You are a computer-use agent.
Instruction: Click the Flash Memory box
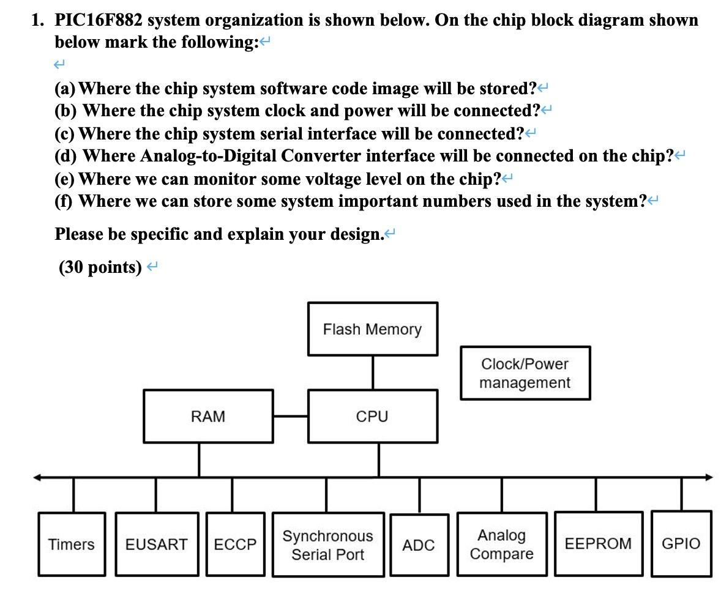372,329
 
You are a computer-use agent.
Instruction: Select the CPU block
372,417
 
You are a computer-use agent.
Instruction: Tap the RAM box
208,417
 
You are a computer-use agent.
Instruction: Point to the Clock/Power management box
525,373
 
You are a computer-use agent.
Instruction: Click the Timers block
72,544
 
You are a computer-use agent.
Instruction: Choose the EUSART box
157,544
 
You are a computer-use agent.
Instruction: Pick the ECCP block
236,544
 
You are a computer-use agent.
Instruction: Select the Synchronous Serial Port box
328,545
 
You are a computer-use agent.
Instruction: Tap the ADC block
419,545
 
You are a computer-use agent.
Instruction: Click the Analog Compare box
501,544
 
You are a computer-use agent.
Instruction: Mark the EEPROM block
598,544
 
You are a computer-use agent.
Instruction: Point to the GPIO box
681,544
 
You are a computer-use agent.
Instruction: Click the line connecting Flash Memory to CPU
373,373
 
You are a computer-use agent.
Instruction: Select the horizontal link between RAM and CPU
291,417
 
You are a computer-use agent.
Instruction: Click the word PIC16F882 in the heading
99,20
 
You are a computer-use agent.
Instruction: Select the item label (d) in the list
65,156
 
